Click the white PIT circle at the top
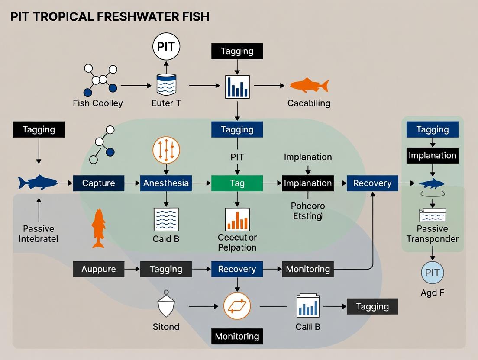pyautogui.click(x=166, y=47)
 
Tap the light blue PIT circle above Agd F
pyautogui.click(x=432, y=273)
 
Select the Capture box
pyautogui.click(x=99, y=183)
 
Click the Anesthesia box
pyautogui.click(x=166, y=183)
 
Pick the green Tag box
pyautogui.click(x=237, y=183)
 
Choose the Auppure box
pyautogui.click(x=99, y=269)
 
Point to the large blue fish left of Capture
pyautogui.click(x=38, y=182)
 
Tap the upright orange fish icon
pyautogui.click(x=99, y=228)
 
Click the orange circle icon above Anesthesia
pyautogui.click(x=166, y=150)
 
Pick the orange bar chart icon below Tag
pyautogui.click(x=237, y=219)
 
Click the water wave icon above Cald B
pyautogui.click(x=166, y=219)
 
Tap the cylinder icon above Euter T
pyautogui.click(x=166, y=84)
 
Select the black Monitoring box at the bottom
pyautogui.click(x=237, y=336)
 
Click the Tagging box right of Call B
pyautogui.click(x=372, y=306)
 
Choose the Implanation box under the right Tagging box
pyautogui.click(x=432, y=155)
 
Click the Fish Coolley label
pyautogui.click(x=98, y=103)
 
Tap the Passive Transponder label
pyautogui.click(x=432, y=234)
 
